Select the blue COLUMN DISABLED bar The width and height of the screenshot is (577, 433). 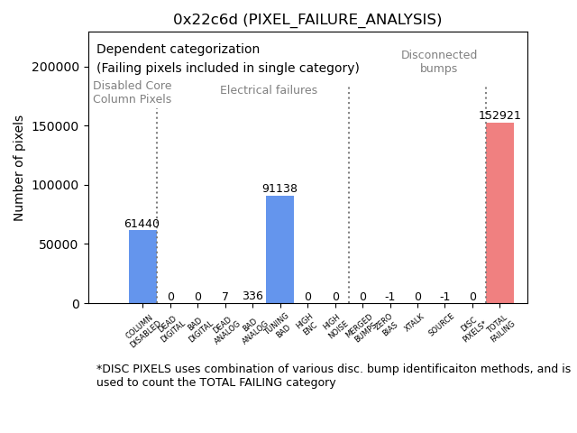[142, 267]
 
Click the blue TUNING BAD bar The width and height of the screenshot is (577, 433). [279, 250]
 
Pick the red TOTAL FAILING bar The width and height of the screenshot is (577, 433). [499, 213]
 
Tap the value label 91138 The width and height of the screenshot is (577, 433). [279, 189]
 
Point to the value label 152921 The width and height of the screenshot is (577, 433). [499, 115]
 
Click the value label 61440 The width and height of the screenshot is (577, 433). [142, 224]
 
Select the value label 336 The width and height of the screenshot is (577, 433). [252, 296]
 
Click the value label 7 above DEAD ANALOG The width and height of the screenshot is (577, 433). [225, 297]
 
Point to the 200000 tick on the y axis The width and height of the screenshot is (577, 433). [55, 67]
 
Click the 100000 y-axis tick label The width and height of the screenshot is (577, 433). [55, 185]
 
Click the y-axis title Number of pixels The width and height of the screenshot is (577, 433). [19, 168]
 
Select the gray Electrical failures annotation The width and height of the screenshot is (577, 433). [269, 90]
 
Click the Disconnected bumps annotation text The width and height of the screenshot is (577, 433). [439, 61]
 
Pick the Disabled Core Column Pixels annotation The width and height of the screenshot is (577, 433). [132, 92]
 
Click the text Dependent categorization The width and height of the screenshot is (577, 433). [178, 50]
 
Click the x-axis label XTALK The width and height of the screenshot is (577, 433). [415, 322]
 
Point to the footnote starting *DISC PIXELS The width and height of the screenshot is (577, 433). [333, 375]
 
